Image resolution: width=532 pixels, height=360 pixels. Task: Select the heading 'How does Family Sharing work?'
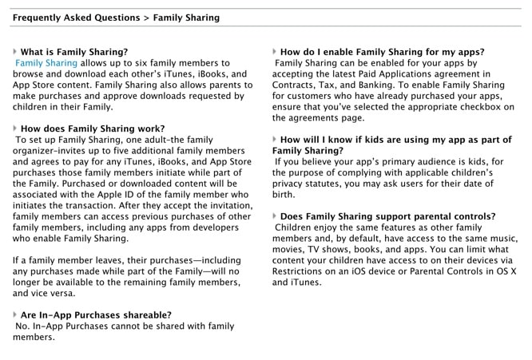pos(92,129)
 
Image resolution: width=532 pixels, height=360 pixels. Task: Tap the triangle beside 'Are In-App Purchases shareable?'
pos(15,315)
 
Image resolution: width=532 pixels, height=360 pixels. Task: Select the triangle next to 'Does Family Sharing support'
pos(274,216)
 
